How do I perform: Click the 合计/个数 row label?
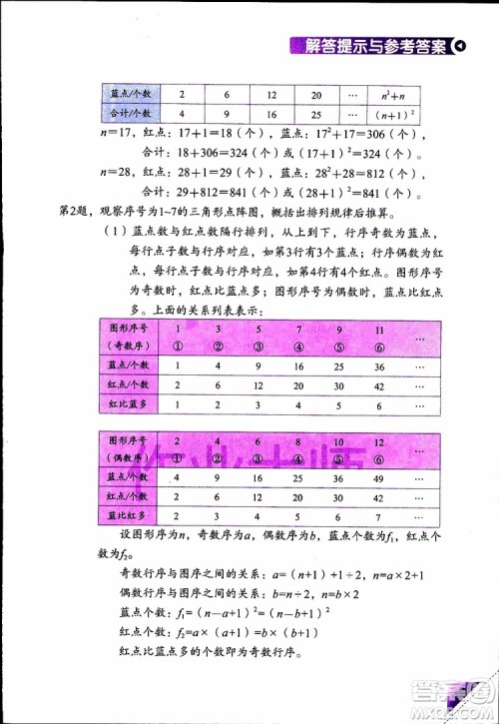click(x=129, y=114)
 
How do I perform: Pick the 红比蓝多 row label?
click(x=129, y=405)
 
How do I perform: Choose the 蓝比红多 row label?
click(x=129, y=516)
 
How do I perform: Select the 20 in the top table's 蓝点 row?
click(x=315, y=94)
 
